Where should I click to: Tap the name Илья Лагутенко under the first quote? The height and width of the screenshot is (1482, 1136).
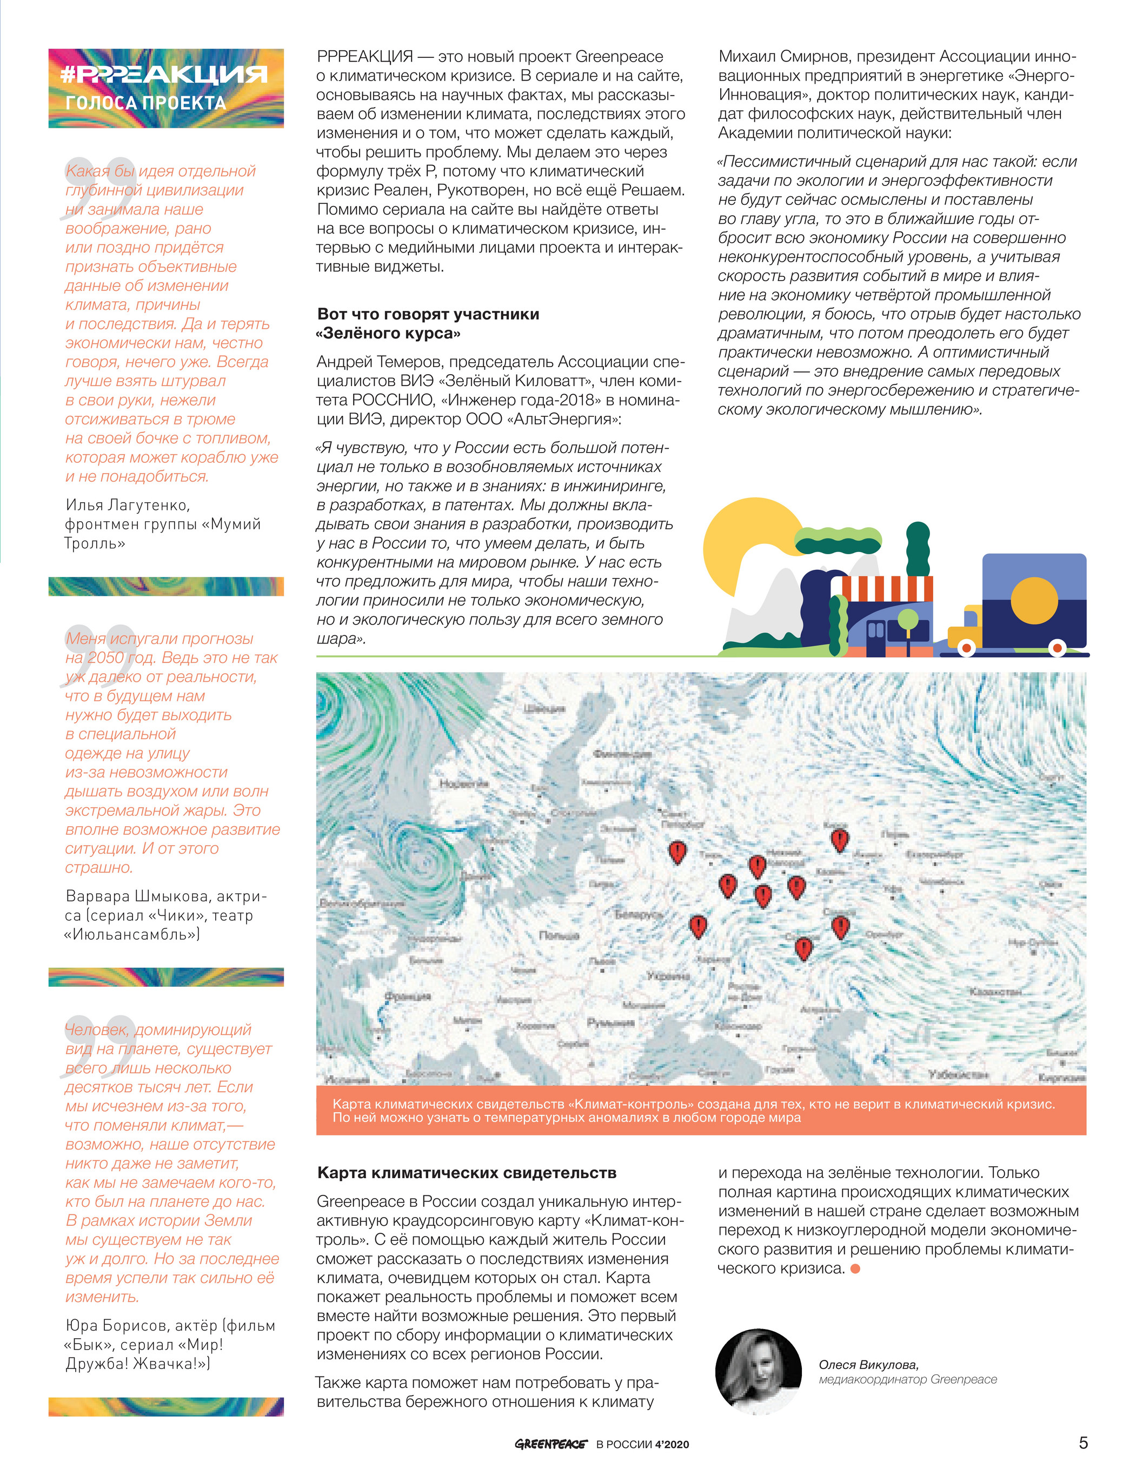click(x=127, y=505)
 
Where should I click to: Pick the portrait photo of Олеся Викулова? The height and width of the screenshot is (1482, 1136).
click(x=758, y=1372)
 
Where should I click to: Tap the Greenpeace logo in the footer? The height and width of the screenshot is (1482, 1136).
click(x=550, y=1444)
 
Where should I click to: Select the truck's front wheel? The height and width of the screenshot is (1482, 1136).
click(x=967, y=648)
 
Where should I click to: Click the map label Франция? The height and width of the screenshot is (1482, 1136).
click(x=408, y=996)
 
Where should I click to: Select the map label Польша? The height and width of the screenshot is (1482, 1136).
click(x=559, y=935)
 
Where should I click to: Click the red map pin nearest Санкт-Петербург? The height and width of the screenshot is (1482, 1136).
click(x=677, y=851)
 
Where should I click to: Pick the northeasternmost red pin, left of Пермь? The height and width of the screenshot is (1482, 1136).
click(x=839, y=840)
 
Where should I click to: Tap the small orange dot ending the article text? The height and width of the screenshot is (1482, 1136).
click(x=855, y=1268)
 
